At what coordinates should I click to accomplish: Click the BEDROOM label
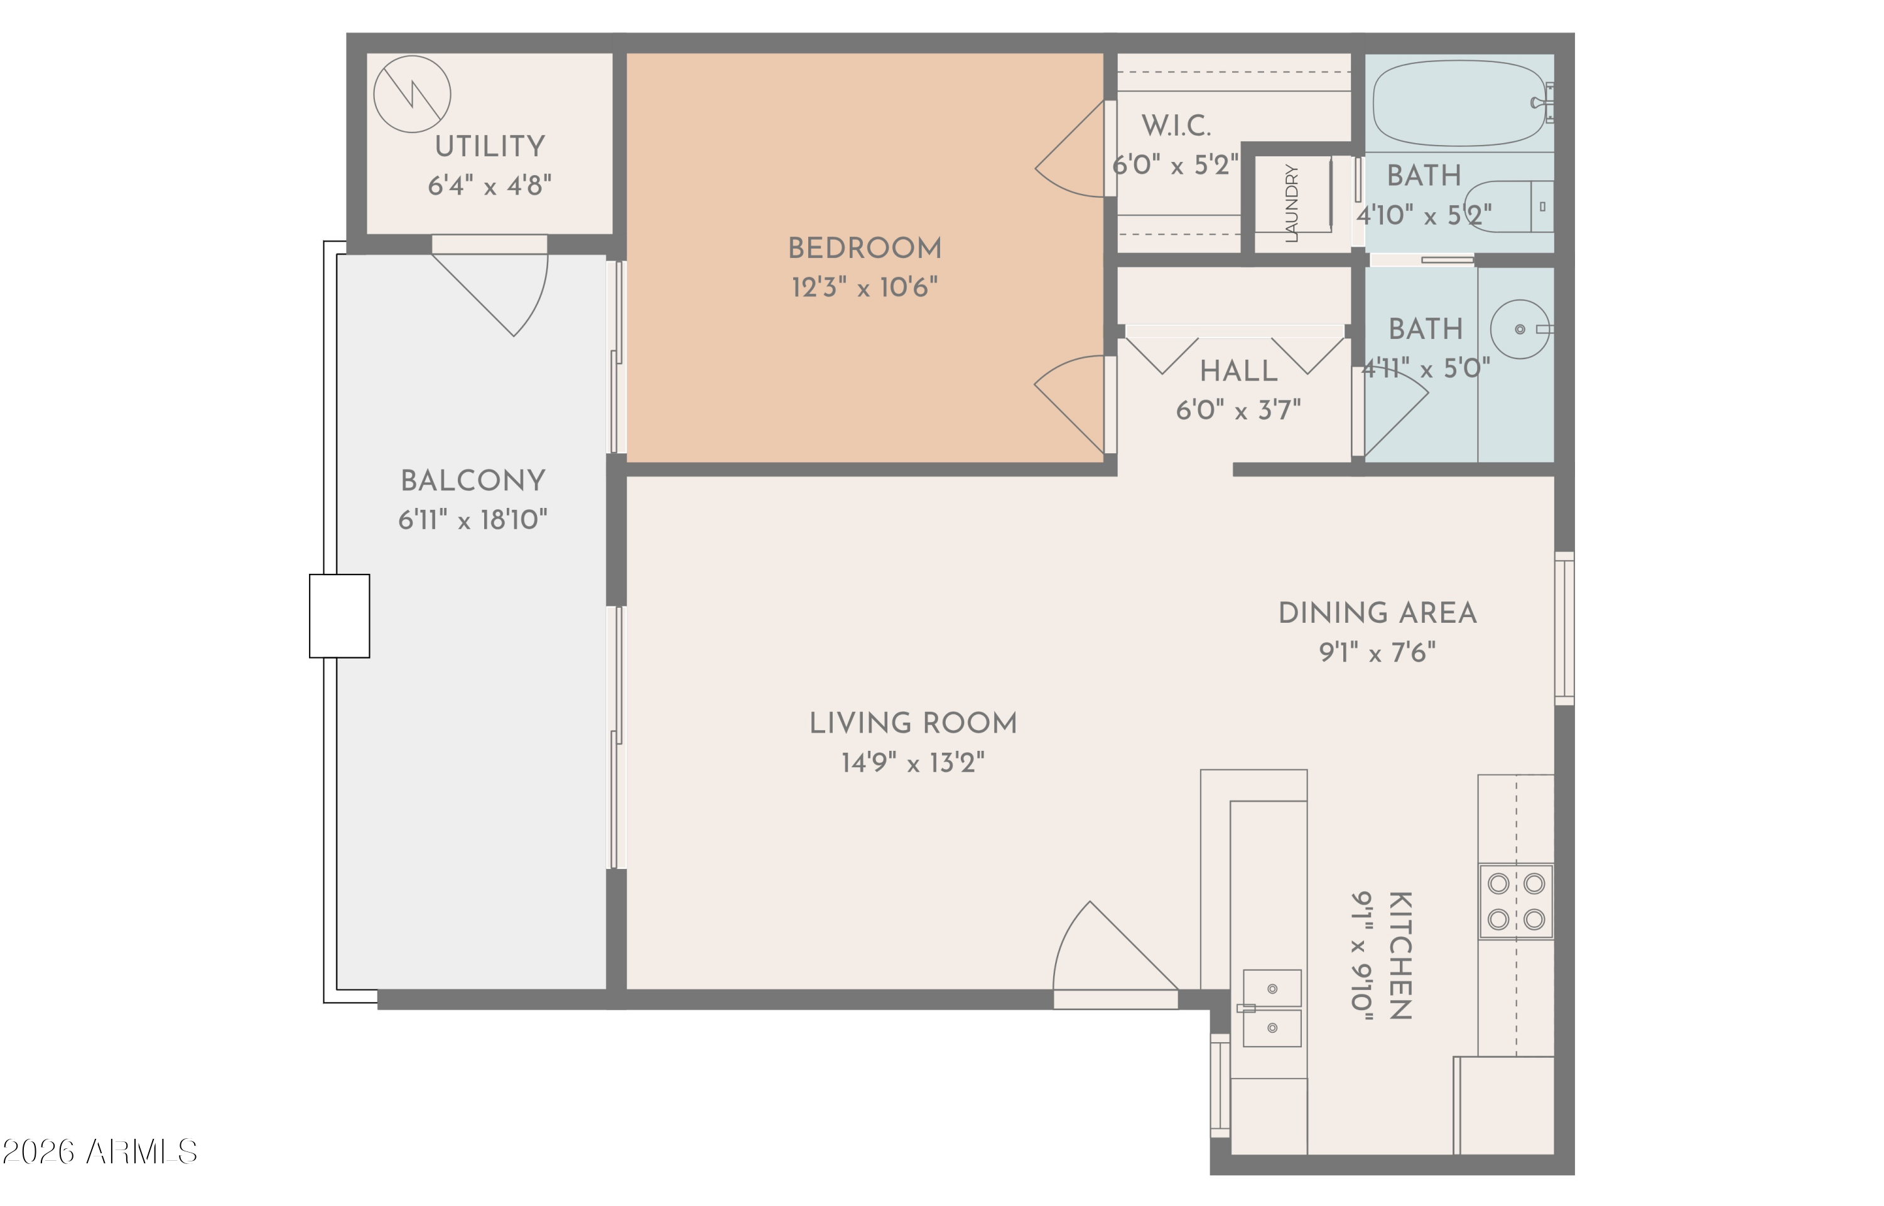pyautogui.click(x=864, y=248)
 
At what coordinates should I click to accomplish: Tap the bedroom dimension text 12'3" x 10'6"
pyautogui.click(x=864, y=288)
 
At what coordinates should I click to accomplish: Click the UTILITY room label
pyautogui.click(x=490, y=146)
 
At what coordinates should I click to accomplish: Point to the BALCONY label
pyautogui.click(x=472, y=481)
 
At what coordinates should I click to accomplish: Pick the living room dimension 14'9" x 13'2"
pyautogui.click(x=912, y=763)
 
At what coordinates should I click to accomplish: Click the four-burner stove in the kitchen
pyautogui.click(x=1516, y=902)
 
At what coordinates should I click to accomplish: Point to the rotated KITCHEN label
pyautogui.click(x=1400, y=956)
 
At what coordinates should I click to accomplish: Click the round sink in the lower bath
pyautogui.click(x=1520, y=329)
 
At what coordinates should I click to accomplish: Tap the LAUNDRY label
pyautogui.click(x=1292, y=203)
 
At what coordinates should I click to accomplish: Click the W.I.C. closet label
pyautogui.click(x=1175, y=126)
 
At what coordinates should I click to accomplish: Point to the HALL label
pyautogui.click(x=1238, y=371)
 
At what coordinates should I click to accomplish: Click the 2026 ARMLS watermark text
pyautogui.click(x=99, y=1152)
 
